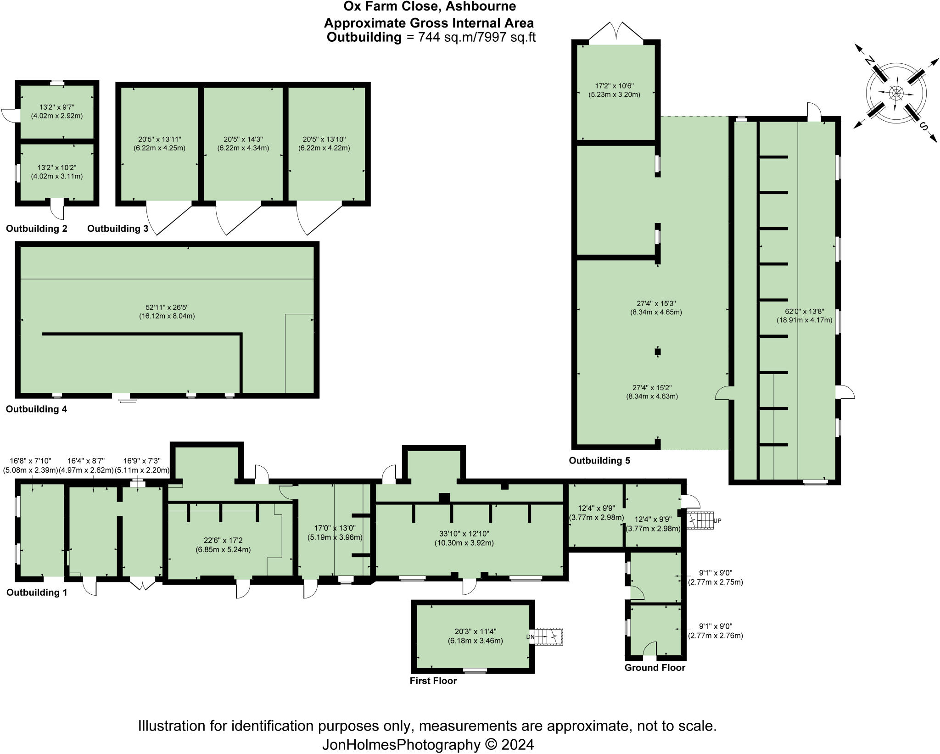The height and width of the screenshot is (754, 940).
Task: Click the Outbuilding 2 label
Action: (37, 229)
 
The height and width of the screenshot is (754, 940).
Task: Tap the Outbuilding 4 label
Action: (37, 409)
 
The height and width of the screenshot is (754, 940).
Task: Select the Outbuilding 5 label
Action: (599, 460)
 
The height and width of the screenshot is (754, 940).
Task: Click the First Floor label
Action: (433, 681)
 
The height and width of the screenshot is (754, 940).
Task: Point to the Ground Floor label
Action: (655, 668)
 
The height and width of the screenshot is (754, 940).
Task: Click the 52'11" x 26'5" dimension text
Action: (167, 311)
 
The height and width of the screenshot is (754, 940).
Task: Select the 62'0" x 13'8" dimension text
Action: (804, 316)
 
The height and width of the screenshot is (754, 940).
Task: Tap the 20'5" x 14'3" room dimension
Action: (243, 143)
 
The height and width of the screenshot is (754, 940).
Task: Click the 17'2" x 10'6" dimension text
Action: (614, 90)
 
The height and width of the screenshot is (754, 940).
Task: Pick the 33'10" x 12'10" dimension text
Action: (464, 538)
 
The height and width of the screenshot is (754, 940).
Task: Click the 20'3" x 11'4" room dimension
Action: (476, 636)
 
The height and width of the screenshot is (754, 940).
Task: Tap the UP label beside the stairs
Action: (718, 521)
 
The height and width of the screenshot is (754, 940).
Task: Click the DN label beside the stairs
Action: (530, 637)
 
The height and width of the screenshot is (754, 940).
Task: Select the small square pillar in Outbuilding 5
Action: (658, 352)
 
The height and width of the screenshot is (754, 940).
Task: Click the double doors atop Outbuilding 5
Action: (616, 34)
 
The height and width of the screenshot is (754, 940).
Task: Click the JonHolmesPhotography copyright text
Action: (428, 744)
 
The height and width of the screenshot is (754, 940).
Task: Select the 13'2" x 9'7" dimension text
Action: (57, 112)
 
